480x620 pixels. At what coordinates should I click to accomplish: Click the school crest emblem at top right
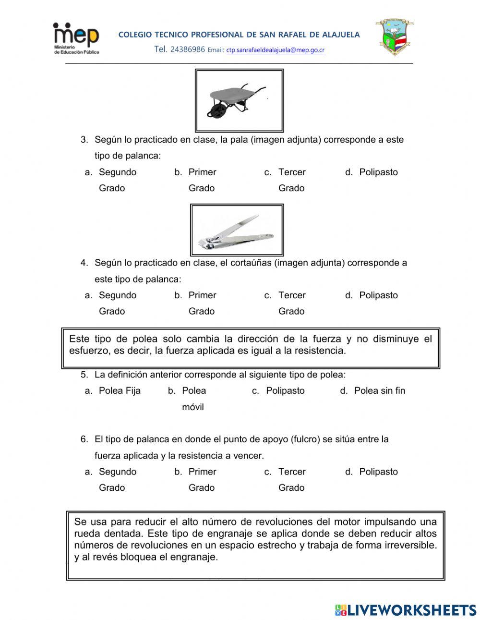pos(395,37)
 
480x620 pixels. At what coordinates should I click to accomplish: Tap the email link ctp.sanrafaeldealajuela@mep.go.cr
pos(275,50)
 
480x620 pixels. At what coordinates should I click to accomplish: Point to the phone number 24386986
pos(187,49)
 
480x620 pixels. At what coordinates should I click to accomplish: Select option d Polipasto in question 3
pos(378,172)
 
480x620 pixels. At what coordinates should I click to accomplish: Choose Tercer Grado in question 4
pos(291,303)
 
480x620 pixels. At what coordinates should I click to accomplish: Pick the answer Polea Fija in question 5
pos(119,391)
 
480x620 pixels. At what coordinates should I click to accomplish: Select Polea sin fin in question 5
pos(379,391)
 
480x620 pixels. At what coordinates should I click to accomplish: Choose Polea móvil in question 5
pos(193,399)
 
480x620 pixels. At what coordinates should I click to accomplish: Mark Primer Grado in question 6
pos(202,479)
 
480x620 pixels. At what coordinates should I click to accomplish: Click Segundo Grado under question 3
pos(117,180)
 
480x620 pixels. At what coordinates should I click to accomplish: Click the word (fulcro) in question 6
pos(305,439)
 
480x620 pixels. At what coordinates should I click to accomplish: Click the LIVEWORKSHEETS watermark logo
pos(406,610)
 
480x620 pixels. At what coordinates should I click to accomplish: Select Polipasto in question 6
pos(378,472)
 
